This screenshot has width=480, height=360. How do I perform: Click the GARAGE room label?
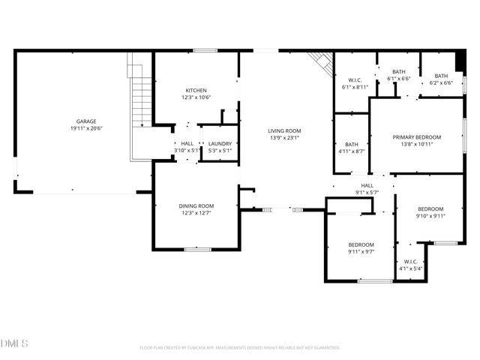[x=85, y=121]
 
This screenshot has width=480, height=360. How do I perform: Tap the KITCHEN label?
[x=196, y=89]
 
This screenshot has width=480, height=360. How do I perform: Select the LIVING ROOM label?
[x=284, y=131]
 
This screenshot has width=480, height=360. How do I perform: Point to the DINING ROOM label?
[x=196, y=205]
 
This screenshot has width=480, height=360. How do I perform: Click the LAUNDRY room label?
[x=220, y=143]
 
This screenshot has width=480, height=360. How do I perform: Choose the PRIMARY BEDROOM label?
[x=416, y=137]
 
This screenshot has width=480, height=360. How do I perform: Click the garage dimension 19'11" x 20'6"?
[x=85, y=128]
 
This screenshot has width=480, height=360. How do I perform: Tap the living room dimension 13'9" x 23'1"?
[x=284, y=138]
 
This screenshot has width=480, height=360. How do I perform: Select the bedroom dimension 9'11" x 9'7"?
[x=361, y=252]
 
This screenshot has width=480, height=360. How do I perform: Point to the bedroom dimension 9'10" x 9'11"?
[x=430, y=216]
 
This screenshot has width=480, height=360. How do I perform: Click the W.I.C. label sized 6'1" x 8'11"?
[x=355, y=80]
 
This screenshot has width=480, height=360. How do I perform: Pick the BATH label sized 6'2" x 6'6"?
[x=441, y=76]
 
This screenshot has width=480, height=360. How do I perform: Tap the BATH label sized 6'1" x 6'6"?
[x=397, y=72]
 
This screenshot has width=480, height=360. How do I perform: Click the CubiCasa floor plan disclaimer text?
[x=240, y=347]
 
